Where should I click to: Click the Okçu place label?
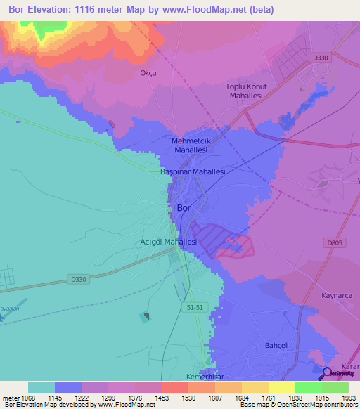point(148,72)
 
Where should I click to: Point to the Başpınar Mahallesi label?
point(193,171)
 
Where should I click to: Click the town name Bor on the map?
point(184,208)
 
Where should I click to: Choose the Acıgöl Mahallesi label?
point(169,241)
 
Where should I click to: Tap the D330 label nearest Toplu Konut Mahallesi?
point(321,58)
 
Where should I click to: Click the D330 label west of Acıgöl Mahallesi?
point(79,279)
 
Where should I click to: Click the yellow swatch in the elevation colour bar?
point(281,387)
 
